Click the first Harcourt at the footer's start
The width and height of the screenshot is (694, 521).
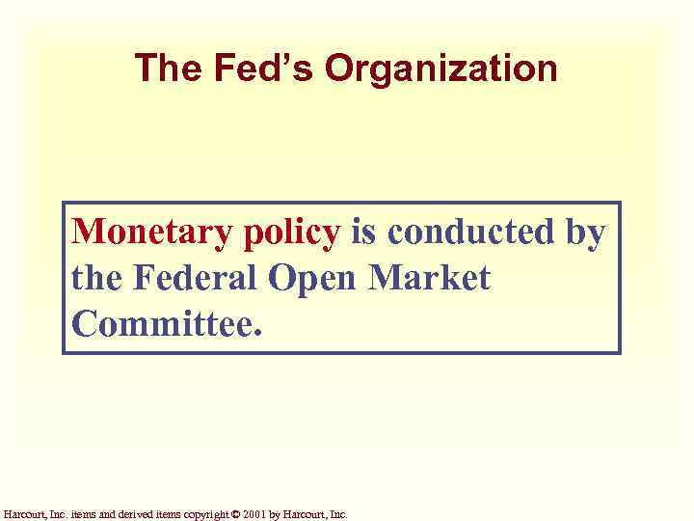[x=21, y=514]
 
